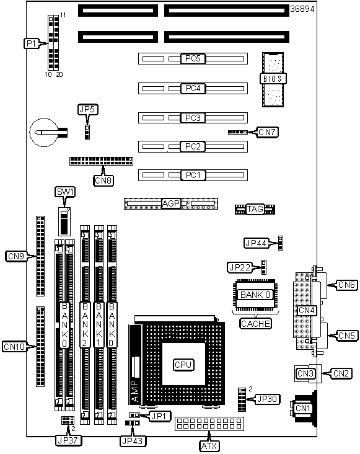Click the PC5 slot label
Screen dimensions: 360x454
[193, 58]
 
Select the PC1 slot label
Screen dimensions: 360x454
[193, 175]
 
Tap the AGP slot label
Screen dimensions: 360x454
[171, 203]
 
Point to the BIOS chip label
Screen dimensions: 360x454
[273, 79]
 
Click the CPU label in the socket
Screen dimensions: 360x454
[183, 365]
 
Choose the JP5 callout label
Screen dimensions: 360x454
[88, 109]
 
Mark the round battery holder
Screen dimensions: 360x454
[44, 132]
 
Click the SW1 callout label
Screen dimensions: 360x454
[65, 192]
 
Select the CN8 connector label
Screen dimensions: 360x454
[103, 180]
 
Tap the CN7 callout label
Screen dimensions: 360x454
[267, 132]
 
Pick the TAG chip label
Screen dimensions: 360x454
[255, 209]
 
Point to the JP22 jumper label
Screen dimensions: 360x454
[240, 267]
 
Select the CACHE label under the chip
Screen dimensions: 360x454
[255, 323]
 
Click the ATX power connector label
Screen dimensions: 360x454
[209, 446]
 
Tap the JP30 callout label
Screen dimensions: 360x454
[268, 399]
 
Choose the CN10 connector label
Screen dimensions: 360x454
[14, 346]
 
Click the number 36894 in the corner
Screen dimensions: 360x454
[302, 9]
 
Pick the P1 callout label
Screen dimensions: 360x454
[31, 43]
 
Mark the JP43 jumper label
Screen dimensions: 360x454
[133, 441]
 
